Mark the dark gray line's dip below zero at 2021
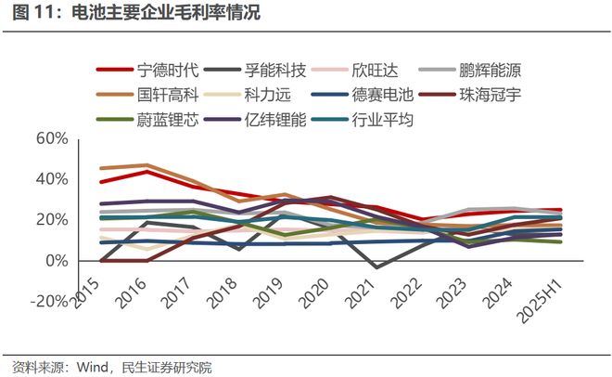(x=374, y=267)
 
